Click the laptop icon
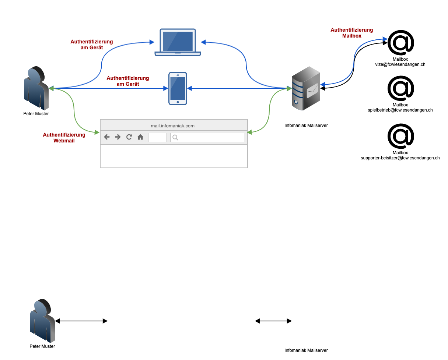coord(178,42)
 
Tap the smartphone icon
coord(178,88)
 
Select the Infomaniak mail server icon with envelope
coord(305,88)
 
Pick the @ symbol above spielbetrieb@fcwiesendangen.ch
coord(401,88)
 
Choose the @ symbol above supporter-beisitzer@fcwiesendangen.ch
coord(401,136)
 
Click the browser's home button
coord(140,137)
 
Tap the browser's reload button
coord(129,137)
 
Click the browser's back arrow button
coord(107,137)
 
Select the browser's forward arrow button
coord(118,137)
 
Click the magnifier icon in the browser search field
coord(175,137)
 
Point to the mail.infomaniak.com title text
coord(172,126)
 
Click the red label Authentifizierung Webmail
coord(64,138)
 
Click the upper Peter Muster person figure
coord(36,88)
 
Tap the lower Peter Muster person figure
coord(42,321)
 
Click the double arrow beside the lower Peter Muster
coord(81,321)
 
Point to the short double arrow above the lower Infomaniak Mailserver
coord(273,321)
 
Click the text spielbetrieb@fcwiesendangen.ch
coord(400,110)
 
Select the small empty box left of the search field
coord(157,137)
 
